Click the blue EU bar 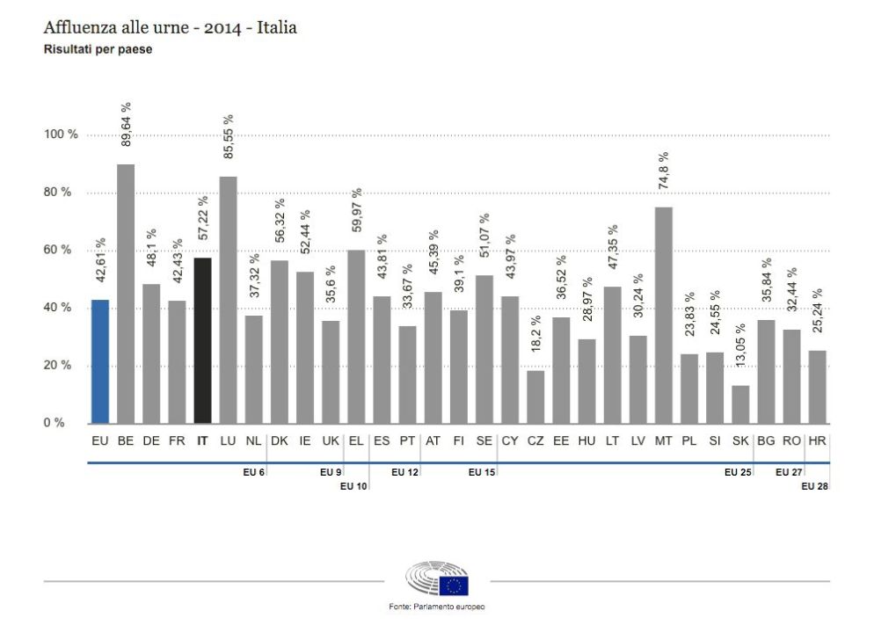click(100, 361)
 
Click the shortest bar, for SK click(740, 404)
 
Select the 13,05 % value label click(740, 352)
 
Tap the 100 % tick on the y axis click(62, 135)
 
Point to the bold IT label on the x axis click(202, 441)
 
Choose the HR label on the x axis click(817, 441)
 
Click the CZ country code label click(535, 441)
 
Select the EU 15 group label click(482, 472)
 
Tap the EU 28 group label click(815, 486)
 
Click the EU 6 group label click(254, 472)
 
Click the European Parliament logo click(437, 580)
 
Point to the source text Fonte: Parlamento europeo click(437, 608)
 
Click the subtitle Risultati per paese click(98, 50)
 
